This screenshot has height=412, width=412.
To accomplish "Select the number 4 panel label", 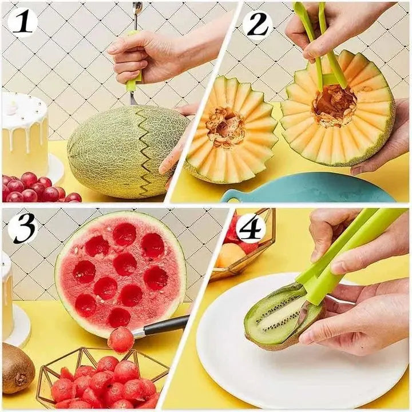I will coord(251,229).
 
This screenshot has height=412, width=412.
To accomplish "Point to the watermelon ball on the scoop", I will coord(121,339).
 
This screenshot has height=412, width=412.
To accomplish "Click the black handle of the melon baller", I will coord(166,326).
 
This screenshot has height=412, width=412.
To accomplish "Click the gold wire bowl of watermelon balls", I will coord(103,378).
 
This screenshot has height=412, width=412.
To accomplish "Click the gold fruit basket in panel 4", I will coord(243,252).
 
